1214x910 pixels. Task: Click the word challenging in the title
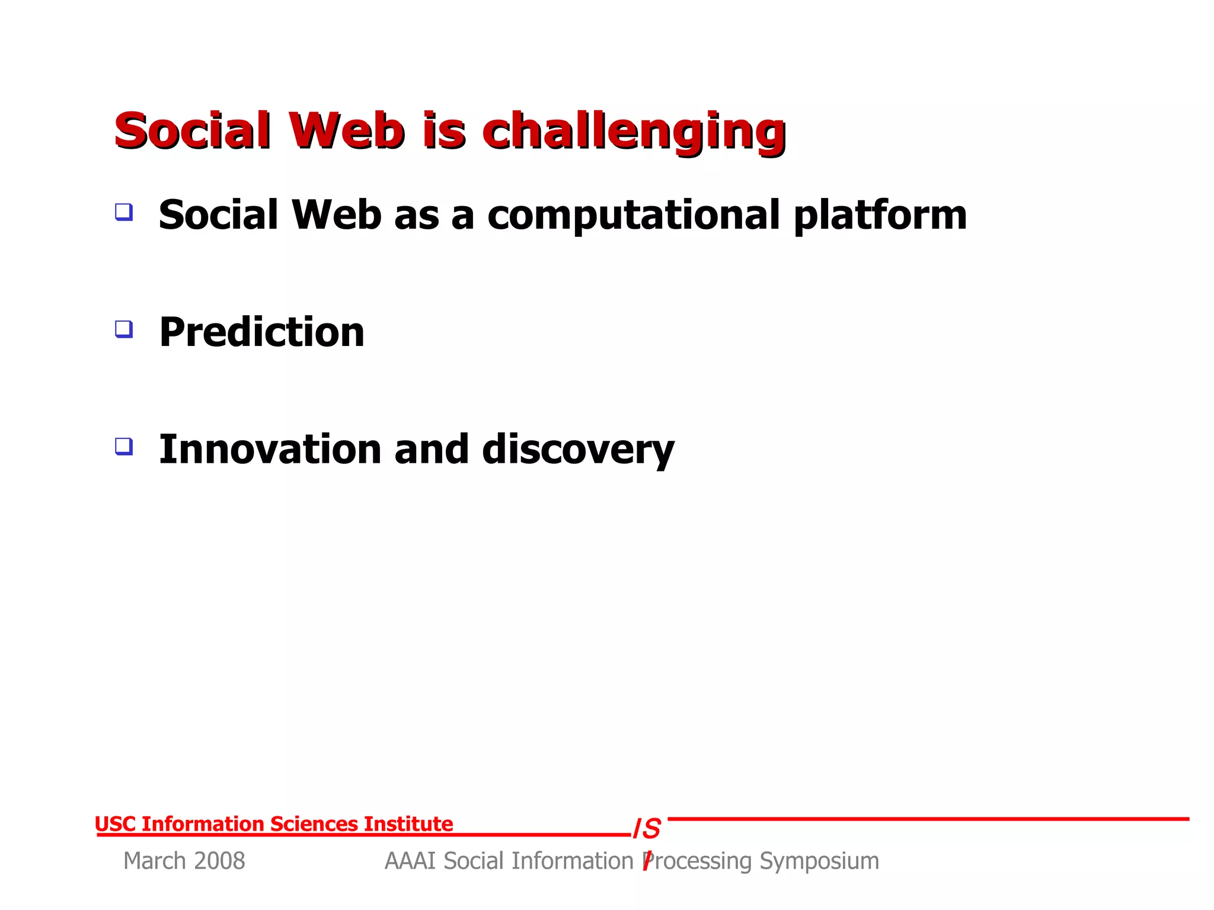click(634, 132)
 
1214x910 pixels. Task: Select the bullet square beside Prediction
click(124, 329)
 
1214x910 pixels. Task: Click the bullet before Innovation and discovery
click(124, 446)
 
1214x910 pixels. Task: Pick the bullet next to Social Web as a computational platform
click(124, 212)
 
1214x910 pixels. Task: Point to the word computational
click(633, 216)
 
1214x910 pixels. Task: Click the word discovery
click(578, 450)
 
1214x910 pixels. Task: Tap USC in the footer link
click(115, 824)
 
